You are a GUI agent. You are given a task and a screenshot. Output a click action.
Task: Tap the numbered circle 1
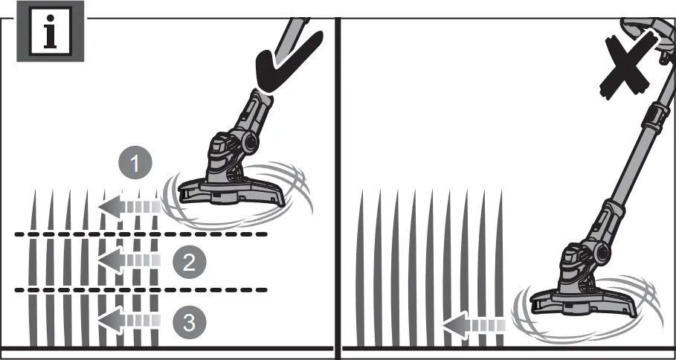click(x=135, y=164)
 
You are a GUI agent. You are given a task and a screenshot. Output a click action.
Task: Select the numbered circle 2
click(x=189, y=261)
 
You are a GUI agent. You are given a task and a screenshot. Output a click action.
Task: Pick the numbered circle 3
click(x=189, y=322)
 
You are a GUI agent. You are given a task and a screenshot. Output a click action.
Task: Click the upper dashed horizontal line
click(x=141, y=235)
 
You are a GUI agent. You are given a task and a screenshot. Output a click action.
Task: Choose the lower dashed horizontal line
click(x=141, y=289)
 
